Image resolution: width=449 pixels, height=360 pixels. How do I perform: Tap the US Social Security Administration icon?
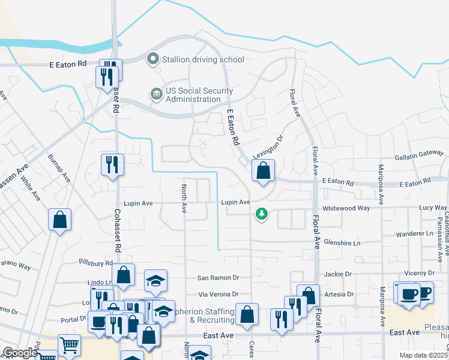155,94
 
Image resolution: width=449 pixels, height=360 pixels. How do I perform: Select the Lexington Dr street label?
267,148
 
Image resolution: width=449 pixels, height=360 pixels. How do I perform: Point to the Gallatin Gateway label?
419,155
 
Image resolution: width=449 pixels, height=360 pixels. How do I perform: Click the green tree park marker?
261,214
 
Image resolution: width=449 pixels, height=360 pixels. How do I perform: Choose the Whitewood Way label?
346,208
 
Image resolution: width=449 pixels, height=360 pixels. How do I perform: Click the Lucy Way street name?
433,208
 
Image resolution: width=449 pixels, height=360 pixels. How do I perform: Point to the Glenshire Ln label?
342,243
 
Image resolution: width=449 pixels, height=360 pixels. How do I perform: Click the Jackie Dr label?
338,274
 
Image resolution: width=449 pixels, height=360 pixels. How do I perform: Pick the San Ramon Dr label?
218,278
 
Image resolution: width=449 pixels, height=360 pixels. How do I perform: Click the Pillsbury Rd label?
96,263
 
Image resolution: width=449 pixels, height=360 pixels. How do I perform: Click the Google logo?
19,353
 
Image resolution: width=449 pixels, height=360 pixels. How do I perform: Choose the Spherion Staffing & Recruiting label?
203,316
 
